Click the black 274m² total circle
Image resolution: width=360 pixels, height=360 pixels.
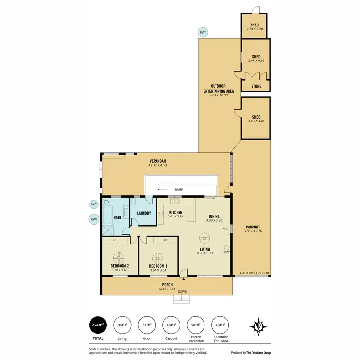coord(97,325)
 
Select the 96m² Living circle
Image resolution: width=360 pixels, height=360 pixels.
coord(122,325)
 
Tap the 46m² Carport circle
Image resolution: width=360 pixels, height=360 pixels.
coord(170,325)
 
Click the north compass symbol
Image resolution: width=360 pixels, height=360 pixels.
coord(259,326)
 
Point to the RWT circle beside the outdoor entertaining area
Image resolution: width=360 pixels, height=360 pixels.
coord(204,33)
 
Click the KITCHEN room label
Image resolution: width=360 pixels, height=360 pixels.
coord(175,212)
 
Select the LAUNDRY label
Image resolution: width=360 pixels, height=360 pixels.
coord(144,213)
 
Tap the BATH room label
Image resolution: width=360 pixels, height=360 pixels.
coord(117,217)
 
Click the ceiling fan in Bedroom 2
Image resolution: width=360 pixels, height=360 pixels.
coord(117,257)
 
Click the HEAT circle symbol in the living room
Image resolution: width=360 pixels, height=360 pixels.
coord(226,247)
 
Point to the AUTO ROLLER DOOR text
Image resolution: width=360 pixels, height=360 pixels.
coord(254,273)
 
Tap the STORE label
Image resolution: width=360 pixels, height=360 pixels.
coord(256,87)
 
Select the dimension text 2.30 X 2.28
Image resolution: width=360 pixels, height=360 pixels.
coord(255,29)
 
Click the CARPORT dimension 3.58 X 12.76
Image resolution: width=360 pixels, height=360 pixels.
coord(252,231)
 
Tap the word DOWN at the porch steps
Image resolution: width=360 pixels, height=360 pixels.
coord(182,291)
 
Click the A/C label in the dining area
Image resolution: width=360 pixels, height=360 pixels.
coord(225,228)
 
